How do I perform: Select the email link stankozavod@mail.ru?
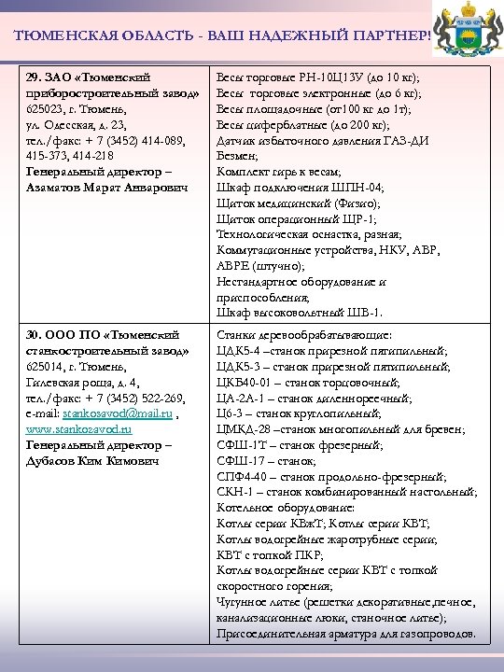pyautogui.click(x=104, y=414)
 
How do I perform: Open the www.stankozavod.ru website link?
pyautogui.click(x=78, y=429)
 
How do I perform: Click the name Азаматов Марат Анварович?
pyautogui.click(x=107, y=189)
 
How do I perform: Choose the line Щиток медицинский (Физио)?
pyautogui.click(x=298, y=203)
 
